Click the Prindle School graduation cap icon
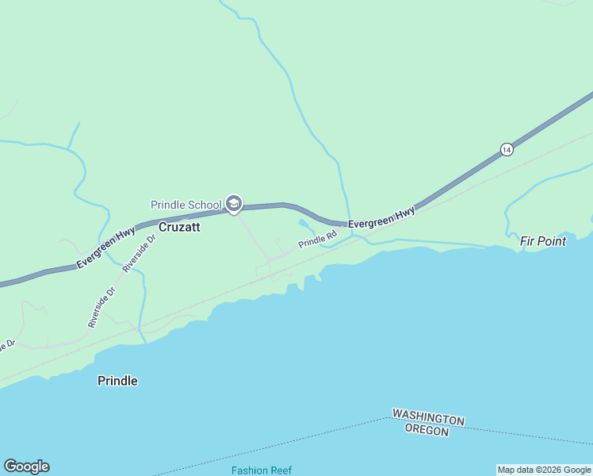(233, 205)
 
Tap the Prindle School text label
(186, 205)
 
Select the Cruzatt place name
(179, 227)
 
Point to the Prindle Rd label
(318, 239)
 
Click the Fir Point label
(543, 241)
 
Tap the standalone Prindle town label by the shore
(117, 381)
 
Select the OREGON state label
(427, 431)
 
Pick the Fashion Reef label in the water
(262, 470)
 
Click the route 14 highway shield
(507, 149)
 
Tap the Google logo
(26, 466)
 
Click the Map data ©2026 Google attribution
(545, 470)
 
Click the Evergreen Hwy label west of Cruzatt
(105, 248)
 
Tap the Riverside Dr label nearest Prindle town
(101, 308)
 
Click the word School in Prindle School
(205, 205)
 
